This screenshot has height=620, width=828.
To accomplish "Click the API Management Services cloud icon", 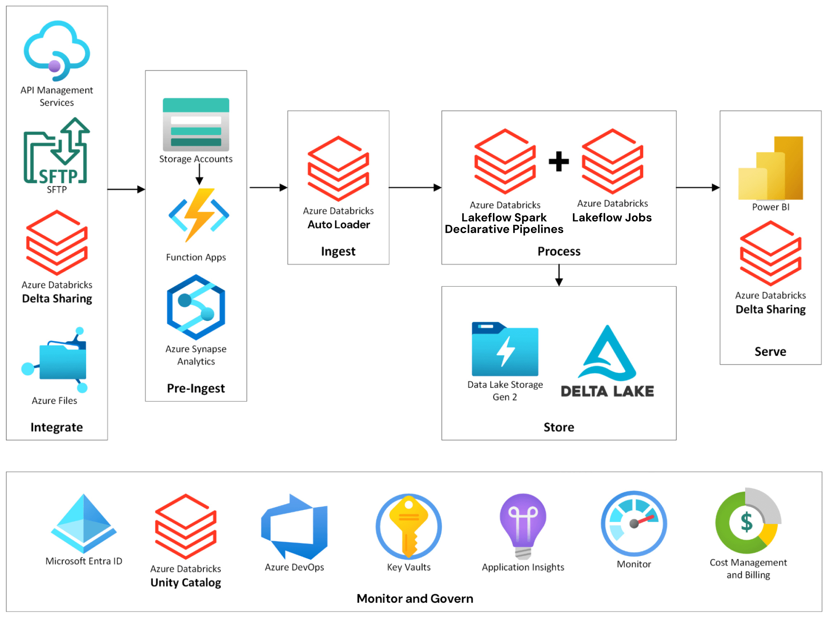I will coord(56,51).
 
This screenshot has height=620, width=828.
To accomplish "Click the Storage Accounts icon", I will coord(196,124).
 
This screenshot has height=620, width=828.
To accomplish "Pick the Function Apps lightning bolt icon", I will coord(199,215).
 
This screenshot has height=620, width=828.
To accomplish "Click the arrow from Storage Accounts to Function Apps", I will coord(199,174).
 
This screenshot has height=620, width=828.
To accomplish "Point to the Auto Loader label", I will coord(338,225).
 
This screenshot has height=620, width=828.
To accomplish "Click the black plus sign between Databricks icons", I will coord(558,161).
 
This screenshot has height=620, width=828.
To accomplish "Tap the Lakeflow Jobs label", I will coord(612,218).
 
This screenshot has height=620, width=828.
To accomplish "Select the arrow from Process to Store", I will coord(559,275).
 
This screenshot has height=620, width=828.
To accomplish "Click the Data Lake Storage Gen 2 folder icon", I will coord(505,349).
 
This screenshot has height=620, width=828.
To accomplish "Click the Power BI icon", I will coord(770,168).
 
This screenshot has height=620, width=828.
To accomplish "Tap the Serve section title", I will coord(770,351).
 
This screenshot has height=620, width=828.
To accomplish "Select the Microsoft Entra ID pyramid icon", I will coord(84,523).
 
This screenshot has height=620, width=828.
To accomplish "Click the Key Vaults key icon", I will coord(408,526).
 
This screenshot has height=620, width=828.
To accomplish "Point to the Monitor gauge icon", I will coord(633,523).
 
